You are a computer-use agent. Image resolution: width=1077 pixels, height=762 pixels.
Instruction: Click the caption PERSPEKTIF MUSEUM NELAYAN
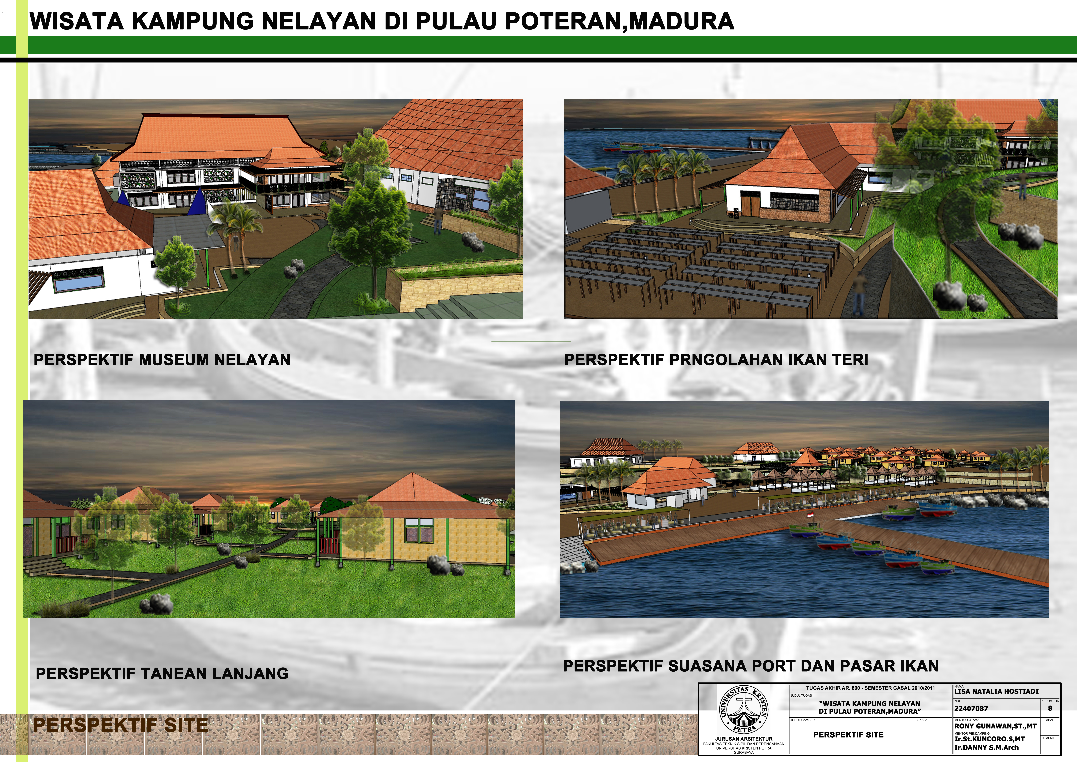point(162,360)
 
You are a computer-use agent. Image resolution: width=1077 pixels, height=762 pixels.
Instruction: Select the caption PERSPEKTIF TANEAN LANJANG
point(162,673)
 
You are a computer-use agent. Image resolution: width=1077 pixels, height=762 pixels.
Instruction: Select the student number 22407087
point(971,708)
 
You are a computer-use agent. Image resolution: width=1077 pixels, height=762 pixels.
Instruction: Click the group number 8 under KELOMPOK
point(1050,708)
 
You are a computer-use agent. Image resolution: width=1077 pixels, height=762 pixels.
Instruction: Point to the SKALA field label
point(922,720)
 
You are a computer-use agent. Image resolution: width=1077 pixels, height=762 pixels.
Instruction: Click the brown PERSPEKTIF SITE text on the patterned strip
point(120,725)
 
